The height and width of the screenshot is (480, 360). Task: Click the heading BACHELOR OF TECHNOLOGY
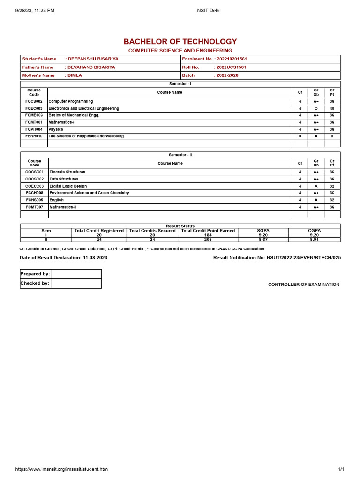pos(180,42)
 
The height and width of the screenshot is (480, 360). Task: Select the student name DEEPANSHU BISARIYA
pos(93,59)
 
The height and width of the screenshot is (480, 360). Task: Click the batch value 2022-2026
pos(227,75)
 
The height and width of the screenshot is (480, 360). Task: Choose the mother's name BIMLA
pos(75,75)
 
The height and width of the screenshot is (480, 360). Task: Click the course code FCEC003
pos(34,108)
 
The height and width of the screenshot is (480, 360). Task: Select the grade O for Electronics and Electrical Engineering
pos(316,108)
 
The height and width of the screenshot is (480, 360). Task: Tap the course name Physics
pos(56,129)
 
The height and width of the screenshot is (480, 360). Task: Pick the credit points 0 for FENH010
pos(332,136)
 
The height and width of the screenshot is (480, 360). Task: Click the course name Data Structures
pos(64,179)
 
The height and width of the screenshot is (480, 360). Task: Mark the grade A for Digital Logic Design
pos(316,186)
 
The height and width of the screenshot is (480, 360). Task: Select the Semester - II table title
pos(180,155)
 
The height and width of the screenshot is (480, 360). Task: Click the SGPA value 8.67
pos(263,240)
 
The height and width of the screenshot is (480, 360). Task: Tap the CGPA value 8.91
pos(314,240)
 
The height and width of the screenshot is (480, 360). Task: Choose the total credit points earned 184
pos(208,235)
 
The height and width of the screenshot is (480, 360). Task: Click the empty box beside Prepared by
pos(76,274)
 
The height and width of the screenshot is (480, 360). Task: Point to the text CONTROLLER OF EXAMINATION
pos(304,285)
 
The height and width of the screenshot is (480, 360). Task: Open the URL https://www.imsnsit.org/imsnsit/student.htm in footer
pos(61,469)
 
